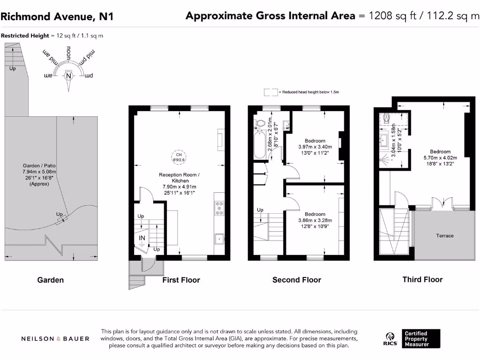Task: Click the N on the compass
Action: click(x=69, y=76)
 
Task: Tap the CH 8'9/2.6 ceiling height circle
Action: click(x=178, y=157)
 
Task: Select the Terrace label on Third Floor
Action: click(x=444, y=235)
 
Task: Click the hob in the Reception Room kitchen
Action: click(x=219, y=208)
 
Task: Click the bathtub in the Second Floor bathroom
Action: click(x=258, y=145)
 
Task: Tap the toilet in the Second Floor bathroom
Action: click(x=261, y=123)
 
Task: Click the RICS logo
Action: click(x=391, y=338)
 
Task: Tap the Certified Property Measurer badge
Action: click(x=416, y=338)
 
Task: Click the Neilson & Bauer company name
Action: click(x=55, y=338)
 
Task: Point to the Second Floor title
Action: click(x=297, y=280)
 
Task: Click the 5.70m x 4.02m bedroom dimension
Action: click(x=440, y=158)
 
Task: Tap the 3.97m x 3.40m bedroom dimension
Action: click(x=315, y=147)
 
